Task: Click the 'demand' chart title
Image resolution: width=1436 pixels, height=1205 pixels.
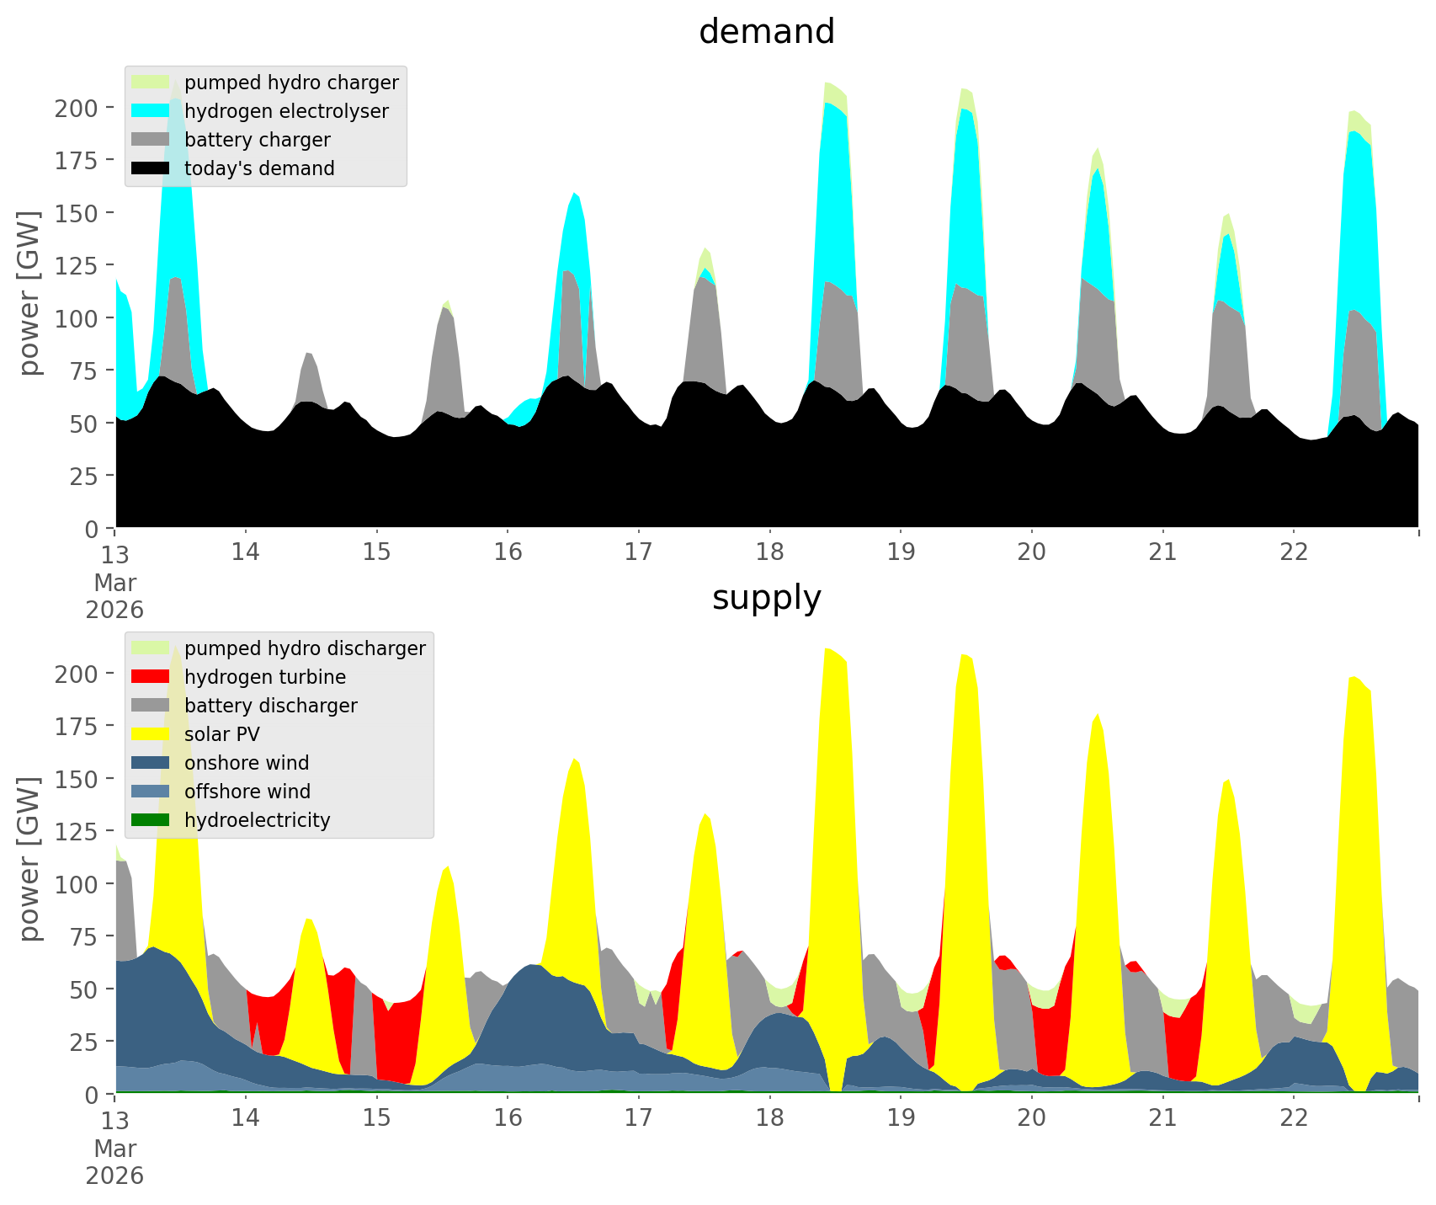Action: tap(766, 32)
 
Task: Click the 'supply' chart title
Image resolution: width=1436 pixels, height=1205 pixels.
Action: tap(766, 598)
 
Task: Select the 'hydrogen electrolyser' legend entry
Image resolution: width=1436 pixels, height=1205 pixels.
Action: tap(286, 111)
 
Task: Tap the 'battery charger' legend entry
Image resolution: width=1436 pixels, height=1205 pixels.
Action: tap(257, 140)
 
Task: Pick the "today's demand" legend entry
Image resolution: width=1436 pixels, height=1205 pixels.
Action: tap(259, 168)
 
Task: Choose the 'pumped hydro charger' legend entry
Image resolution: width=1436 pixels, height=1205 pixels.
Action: tap(291, 83)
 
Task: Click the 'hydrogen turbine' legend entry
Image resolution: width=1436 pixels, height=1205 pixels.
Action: tap(264, 677)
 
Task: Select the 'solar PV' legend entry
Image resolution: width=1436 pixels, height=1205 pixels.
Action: tap(221, 734)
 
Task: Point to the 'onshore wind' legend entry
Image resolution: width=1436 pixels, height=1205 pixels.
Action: tap(247, 763)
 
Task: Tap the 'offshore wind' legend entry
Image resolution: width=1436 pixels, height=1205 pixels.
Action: tap(247, 792)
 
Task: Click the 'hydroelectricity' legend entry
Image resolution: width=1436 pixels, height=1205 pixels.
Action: tap(257, 820)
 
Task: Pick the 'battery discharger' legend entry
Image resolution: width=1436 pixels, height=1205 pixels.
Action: tap(270, 706)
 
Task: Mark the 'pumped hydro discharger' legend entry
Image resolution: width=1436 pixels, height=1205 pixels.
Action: tap(305, 648)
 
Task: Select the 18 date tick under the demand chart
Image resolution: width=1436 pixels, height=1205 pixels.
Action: tap(769, 552)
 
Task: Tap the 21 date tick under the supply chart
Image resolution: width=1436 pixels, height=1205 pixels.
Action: tap(1162, 1118)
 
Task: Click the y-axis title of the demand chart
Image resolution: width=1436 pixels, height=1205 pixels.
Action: tap(30, 292)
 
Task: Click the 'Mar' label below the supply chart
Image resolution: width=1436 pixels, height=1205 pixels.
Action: tap(114, 1149)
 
